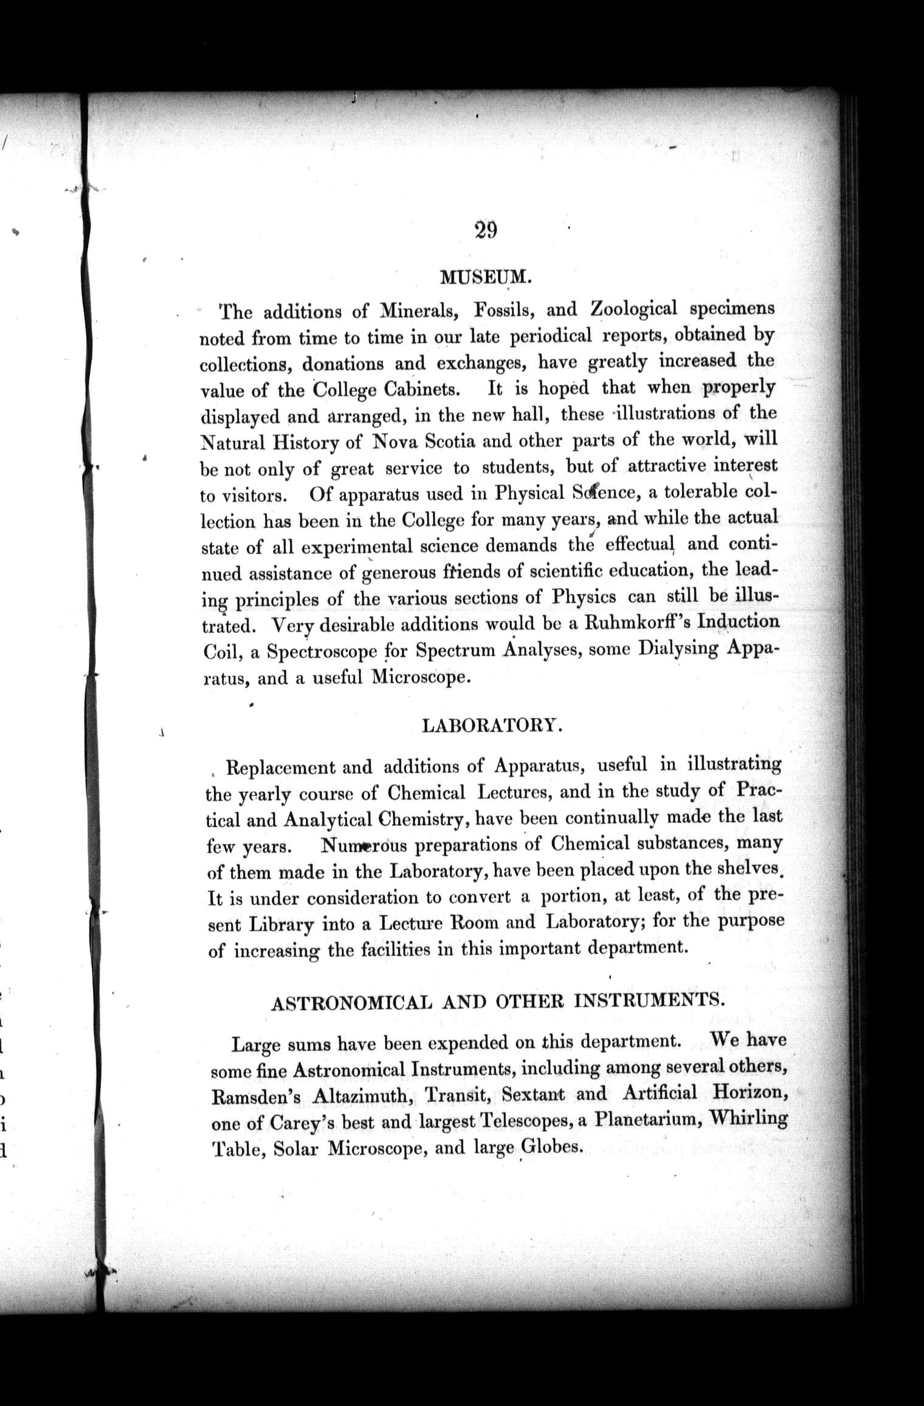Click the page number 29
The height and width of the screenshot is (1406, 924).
[x=486, y=231]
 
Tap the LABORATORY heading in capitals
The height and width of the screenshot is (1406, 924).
[x=488, y=726]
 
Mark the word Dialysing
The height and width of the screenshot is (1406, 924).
[x=679, y=649]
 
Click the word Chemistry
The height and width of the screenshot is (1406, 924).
[x=423, y=820]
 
